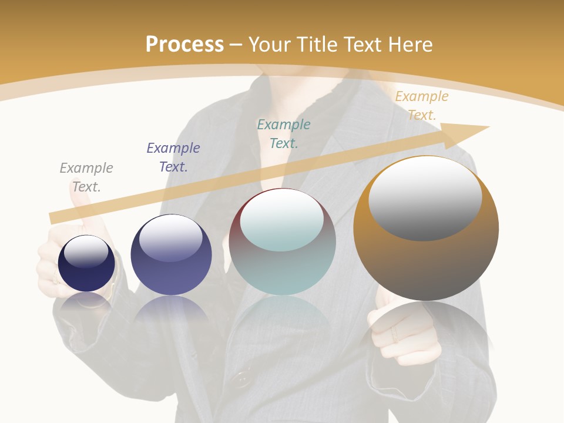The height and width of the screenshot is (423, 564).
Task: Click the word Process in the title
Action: (184, 45)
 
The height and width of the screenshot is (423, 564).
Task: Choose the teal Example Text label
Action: (284, 134)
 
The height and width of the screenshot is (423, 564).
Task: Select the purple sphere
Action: (171, 276)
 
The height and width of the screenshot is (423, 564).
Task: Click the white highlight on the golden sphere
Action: (425, 199)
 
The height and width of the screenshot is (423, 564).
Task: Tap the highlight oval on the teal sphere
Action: (282, 220)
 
